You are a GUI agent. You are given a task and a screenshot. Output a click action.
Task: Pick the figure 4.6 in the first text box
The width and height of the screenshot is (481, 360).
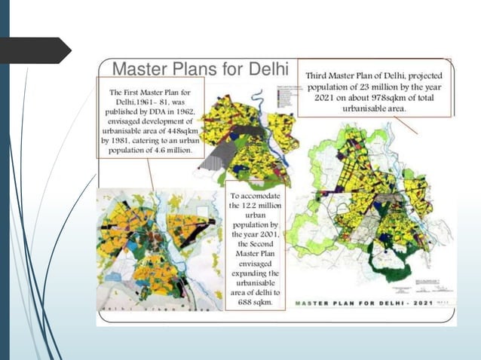click(157, 150)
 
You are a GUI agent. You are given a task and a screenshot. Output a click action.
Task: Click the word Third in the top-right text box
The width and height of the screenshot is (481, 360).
click(320, 75)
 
